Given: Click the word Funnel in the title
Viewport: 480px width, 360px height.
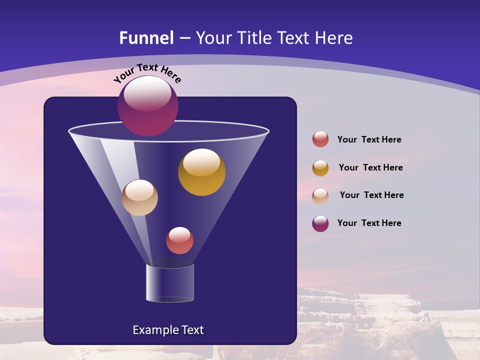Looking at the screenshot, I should (146, 38).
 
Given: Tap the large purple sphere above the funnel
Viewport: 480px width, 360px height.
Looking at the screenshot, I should (148, 106).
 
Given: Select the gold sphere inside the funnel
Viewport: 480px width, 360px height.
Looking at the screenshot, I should (201, 172).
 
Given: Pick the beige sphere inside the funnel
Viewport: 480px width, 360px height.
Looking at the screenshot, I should (139, 198).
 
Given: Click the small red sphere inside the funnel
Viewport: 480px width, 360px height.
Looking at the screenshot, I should (179, 240).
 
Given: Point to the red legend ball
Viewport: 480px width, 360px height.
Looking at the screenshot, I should (320, 139).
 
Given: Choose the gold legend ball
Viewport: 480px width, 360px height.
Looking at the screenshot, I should (320, 168).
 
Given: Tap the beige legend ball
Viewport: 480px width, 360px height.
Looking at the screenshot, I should (320, 195).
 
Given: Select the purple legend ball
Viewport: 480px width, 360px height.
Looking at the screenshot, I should (320, 223).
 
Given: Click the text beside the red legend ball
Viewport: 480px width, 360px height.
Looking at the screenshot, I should (369, 139).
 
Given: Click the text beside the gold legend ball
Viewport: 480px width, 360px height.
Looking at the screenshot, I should (370, 167).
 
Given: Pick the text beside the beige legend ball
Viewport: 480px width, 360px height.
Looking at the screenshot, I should (371, 195).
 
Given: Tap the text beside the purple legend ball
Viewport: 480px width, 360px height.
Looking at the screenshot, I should (369, 223).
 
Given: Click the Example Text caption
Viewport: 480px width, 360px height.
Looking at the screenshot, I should (168, 330).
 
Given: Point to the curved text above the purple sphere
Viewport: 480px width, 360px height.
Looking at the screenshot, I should (147, 73).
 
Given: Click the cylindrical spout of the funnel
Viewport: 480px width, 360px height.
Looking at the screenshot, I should (170, 283).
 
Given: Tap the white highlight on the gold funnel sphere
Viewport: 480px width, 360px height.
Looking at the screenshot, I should (201, 162).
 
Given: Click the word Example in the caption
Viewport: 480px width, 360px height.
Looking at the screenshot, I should (155, 330).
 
